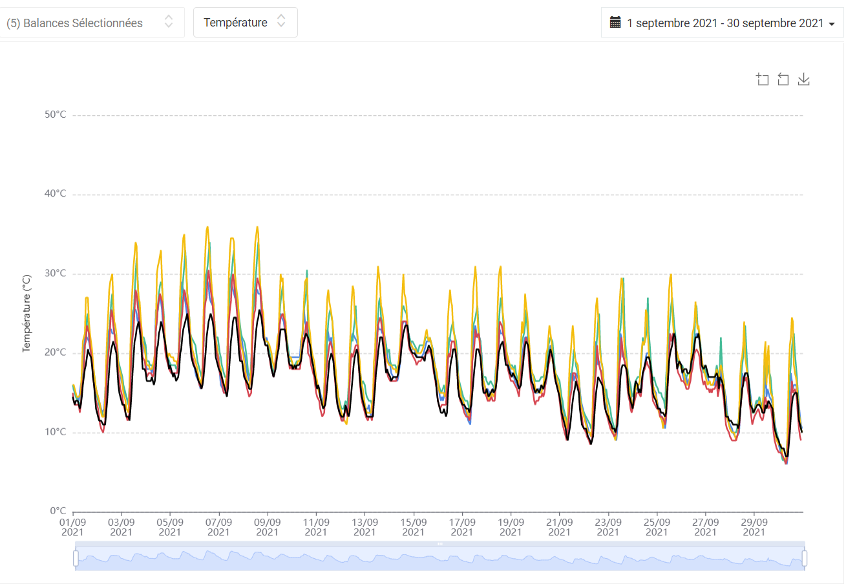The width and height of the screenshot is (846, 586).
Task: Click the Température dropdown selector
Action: tap(245, 22)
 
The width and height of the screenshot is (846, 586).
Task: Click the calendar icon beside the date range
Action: tap(615, 22)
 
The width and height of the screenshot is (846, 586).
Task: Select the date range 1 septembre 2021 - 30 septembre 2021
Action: tap(724, 23)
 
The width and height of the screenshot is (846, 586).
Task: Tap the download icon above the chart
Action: tap(804, 80)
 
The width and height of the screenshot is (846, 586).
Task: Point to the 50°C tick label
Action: tap(55, 114)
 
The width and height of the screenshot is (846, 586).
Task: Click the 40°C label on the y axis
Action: tap(55, 193)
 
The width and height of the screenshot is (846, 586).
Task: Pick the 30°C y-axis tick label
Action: tap(55, 273)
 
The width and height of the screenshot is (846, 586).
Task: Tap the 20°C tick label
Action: tap(55, 353)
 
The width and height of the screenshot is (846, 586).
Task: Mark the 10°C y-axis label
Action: tap(55, 432)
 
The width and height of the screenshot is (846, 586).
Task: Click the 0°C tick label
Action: tap(58, 511)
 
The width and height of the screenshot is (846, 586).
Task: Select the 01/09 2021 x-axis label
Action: tap(72, 527)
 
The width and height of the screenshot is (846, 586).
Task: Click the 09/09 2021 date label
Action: tap(268, 527)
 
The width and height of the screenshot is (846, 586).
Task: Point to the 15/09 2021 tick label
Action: tap(414, 527)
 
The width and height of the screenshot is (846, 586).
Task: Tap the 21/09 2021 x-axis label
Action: tap(559, 527)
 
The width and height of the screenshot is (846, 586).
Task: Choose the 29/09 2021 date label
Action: tap(754, 527)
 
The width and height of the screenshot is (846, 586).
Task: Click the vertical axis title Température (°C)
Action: tap(26, 314)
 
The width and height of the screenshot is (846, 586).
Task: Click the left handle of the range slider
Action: tap(76, 558)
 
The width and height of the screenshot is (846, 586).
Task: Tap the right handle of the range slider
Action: tap(805, 558)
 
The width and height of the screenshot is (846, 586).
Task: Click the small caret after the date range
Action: tap(832, 24)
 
